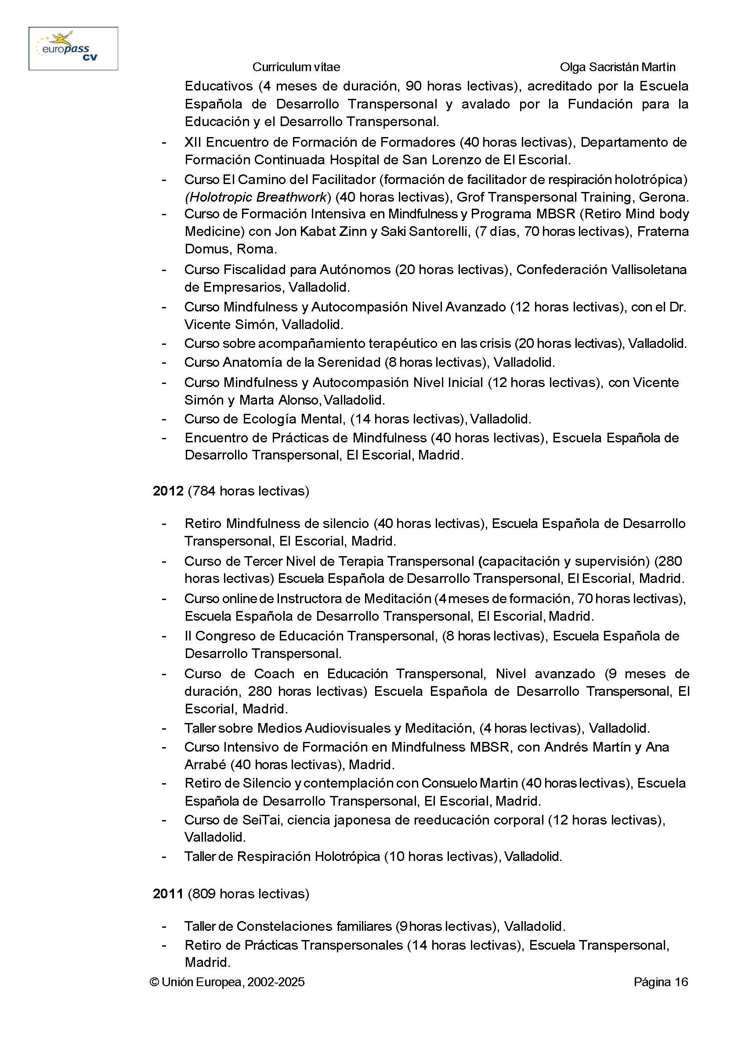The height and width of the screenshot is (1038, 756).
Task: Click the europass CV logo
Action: click(73, 48)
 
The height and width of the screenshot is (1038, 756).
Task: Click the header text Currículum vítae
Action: click(296, 67)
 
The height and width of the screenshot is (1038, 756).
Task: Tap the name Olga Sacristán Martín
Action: click(617, 67)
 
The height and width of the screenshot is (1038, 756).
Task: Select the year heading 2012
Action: click(168, 492)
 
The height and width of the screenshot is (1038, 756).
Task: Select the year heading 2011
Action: click(168, 893)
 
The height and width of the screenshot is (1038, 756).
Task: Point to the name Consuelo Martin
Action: click(470, 783)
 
